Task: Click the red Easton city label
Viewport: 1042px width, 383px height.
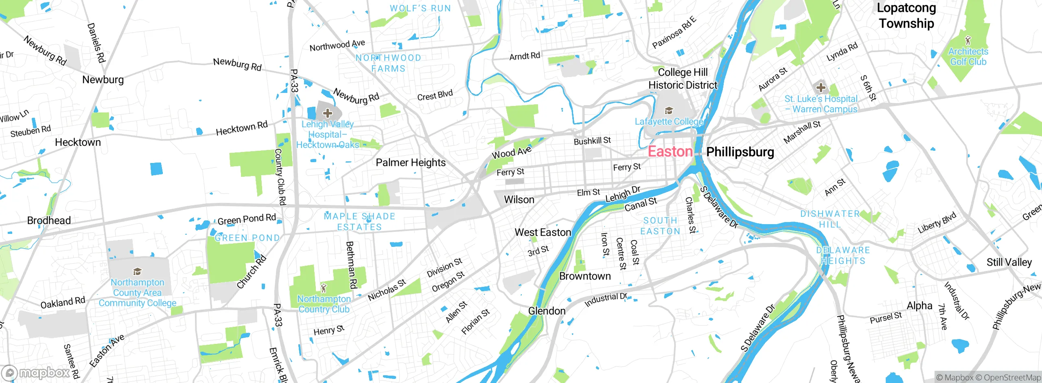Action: click(670, 152)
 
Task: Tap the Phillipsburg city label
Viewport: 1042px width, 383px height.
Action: click(740, 152)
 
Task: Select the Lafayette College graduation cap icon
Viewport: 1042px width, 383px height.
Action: click(668, 110)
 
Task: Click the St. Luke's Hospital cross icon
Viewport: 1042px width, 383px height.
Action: click(821, 87)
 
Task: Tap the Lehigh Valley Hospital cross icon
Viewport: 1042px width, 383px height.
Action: click(328, 113)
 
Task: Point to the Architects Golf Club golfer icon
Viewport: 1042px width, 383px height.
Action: click(968, 40)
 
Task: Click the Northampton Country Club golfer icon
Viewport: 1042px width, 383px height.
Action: click(324, 288)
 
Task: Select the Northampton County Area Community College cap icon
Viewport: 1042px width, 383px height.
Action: click(137, 271)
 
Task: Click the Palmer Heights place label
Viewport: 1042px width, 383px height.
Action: click(410, 163)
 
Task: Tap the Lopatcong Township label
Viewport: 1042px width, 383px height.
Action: click(906, 15)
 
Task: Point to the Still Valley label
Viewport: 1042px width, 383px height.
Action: click(1009, 262)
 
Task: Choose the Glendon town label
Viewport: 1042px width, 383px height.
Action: click(547, 311)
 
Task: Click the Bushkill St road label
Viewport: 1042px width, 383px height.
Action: click(592, 141)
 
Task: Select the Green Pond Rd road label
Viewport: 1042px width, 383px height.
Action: click(247, 219)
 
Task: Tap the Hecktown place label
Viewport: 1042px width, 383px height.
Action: click(78, 142)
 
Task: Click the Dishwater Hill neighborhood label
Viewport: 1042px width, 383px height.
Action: click(830, 219)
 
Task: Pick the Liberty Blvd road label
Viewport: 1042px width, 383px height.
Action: click(937, 223)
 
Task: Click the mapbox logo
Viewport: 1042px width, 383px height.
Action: click(36, 372)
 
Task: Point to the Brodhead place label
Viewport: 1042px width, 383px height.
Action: click(49, 220)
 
